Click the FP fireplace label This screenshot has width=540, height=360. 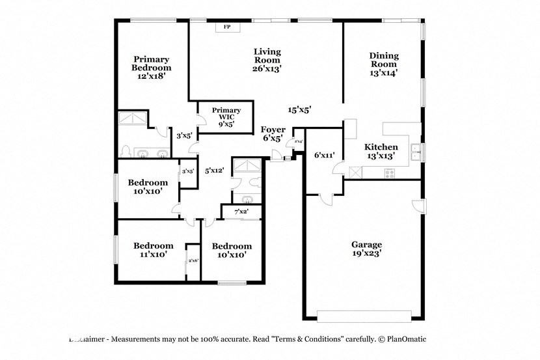pos(227,27)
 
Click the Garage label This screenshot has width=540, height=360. pos(367,245)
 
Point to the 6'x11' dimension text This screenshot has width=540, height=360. pos(324,156)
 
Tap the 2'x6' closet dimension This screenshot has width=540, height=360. pos(193,260)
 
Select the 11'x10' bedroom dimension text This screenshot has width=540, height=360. pos(154,255)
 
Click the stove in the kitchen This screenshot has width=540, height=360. pos(390,173)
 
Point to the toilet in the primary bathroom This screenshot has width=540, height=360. pos(127,151)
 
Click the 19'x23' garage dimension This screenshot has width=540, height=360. pos(367,254)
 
